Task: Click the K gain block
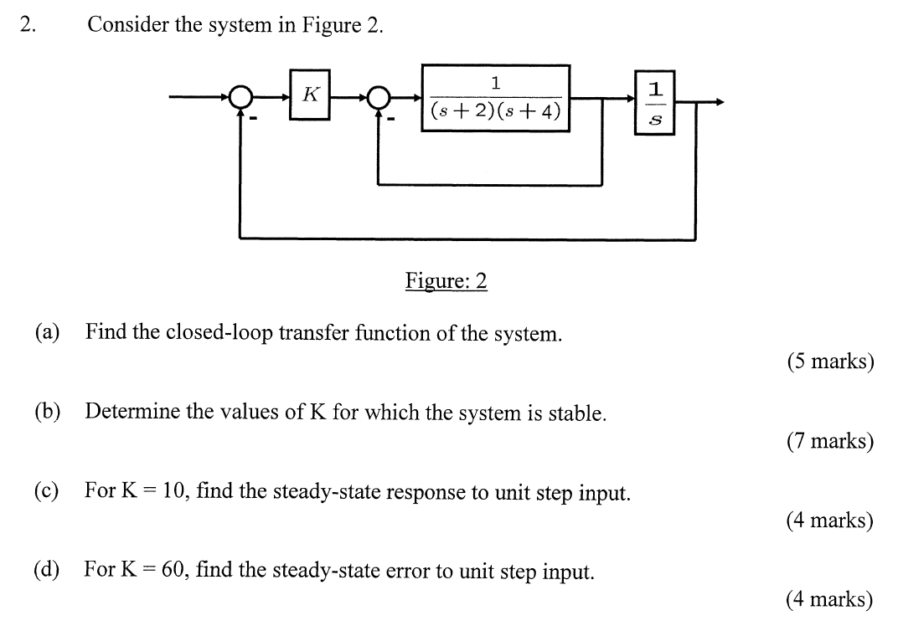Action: coord(310,95)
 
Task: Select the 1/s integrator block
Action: coord(656,102)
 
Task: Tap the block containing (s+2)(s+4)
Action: coord(495,99)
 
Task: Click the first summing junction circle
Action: coord(240,99)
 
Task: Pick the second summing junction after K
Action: coord(379,99)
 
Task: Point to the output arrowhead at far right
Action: coord(720,102)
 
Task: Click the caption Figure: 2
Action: coord(446,280)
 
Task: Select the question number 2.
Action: coord(28,25)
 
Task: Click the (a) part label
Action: coord(47,332)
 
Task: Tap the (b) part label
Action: coord(48,411)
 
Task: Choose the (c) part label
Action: coord(47,490)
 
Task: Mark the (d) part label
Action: coord(47,570)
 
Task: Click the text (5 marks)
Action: coord(829,362)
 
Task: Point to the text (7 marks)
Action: coord(829,441)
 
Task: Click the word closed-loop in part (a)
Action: coord(220,332)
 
